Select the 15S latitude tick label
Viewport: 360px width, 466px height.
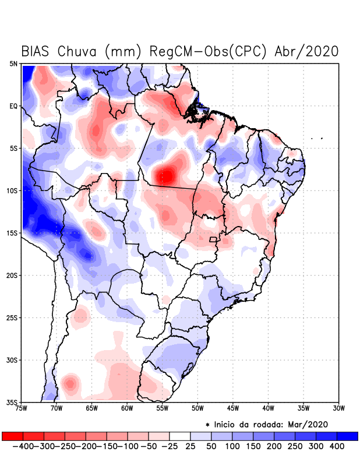[x=12, y=233]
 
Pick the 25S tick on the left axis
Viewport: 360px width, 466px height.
[x=12, y=317]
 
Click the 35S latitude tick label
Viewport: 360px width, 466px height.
[x=12, y=402]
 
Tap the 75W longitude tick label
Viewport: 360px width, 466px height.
[x=21, y=408]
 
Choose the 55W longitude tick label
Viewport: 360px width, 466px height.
[x=163, y=408]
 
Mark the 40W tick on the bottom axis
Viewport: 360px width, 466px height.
[x=269, y=408]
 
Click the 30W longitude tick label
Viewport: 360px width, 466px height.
[x=339, y=408]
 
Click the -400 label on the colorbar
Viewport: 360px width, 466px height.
[x=23, y=446]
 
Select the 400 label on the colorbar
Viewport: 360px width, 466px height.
[x=337, y=446]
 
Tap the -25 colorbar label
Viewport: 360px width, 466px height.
[x=169, y=446]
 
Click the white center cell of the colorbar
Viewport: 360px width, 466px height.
[x=180, y=436]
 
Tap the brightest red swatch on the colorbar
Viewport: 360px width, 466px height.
[x=13, y=436]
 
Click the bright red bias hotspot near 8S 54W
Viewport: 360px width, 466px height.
[x=167, y=174]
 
